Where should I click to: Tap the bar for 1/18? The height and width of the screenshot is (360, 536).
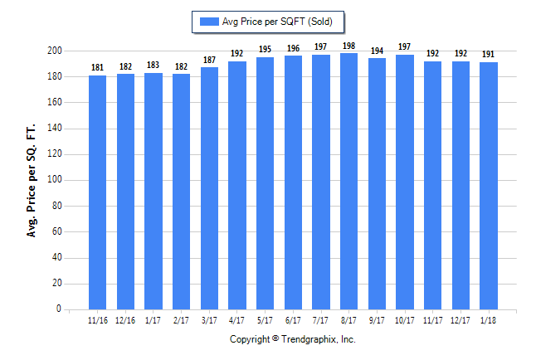coord(489,186)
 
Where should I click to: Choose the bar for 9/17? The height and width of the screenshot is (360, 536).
coord(377,183)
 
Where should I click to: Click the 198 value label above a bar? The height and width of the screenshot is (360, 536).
coord(348,46)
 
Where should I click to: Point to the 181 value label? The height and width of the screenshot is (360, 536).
coord(97,67)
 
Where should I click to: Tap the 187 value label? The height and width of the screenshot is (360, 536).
coord(209,60)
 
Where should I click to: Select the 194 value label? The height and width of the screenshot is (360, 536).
coord(377,51)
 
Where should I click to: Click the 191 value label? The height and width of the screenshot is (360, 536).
coord(489,54)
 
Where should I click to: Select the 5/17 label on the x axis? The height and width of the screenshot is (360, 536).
coord(265,320)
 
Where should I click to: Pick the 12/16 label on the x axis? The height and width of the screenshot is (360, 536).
coord(125,320)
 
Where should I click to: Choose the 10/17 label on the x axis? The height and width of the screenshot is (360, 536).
coord(405,320)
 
